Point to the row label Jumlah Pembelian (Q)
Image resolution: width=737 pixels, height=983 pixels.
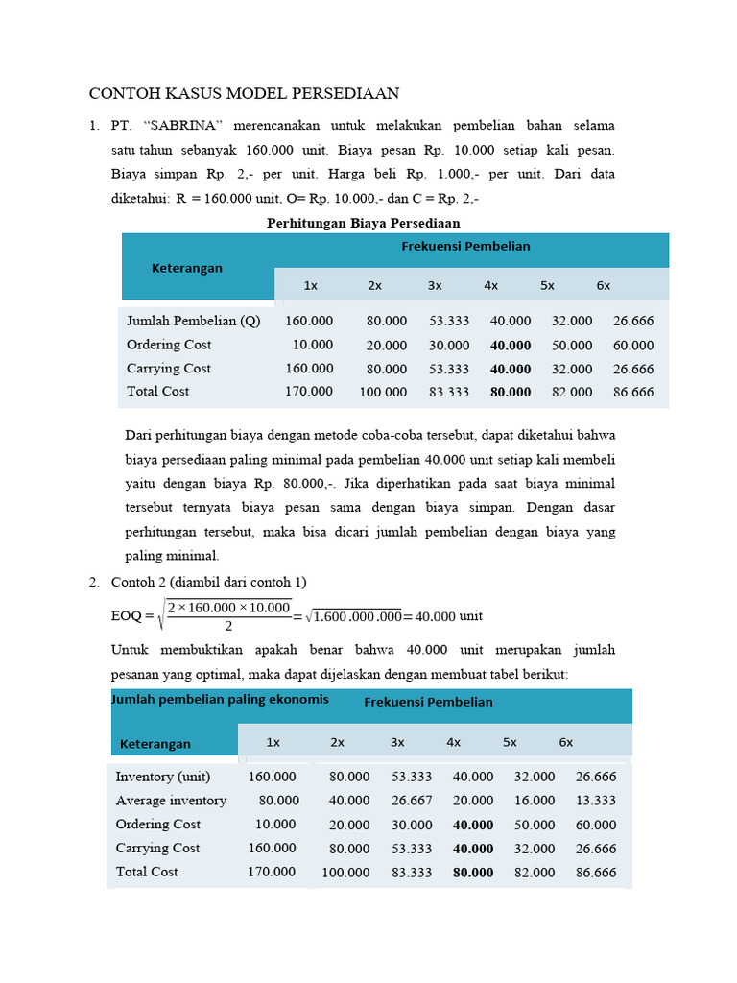tap(193, 321)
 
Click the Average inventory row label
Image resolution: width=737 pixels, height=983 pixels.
tap(171, 801)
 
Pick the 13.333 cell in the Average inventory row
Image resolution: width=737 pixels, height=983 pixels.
tap(596, 801)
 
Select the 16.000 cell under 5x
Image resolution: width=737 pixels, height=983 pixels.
tap(535, 801)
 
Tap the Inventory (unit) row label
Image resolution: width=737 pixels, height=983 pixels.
tap(162, 777)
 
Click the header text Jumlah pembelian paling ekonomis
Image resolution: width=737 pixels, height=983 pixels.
tap(221, 699)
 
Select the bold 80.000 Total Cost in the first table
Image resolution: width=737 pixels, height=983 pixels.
tap(511, 392)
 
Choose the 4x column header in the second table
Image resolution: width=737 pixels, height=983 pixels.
tap(454, 742)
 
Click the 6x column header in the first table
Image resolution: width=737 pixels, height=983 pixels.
tap(604, 285)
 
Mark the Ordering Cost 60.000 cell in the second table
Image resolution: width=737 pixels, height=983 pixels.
tap(596, 825)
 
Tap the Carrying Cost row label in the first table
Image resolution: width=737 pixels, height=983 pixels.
tap(169, 368)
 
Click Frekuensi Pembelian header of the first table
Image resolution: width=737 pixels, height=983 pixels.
tap(465, 246)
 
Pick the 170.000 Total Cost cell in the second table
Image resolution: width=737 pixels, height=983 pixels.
tap(273, 872)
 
